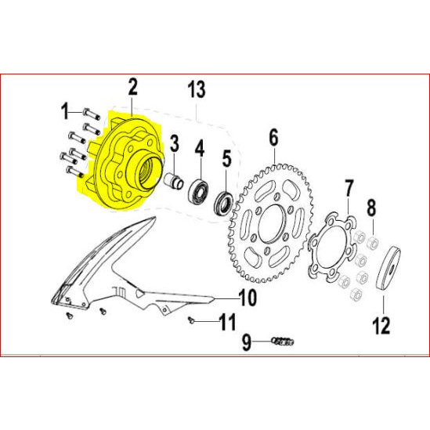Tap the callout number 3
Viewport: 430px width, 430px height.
click(175, 143)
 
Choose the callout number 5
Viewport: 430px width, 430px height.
click(226, 160)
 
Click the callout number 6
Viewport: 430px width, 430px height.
click(273, 138)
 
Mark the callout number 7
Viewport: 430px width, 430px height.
click(349, 188)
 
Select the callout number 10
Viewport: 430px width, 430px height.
click(248, 298)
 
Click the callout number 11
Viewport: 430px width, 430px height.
click(227, 321)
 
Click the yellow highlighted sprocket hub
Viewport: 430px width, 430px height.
click(125, 168)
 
